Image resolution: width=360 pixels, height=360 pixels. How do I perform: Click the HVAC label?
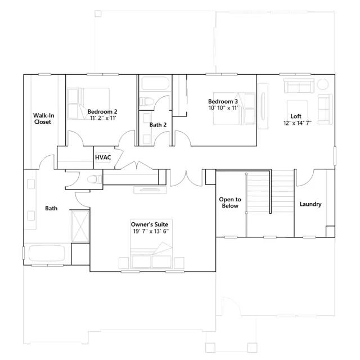pyautogui.click(x=103, y=157)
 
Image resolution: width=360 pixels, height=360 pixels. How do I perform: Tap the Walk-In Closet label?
pyautogui.click(x=43, y=119)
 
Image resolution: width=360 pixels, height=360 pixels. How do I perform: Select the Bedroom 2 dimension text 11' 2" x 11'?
pyautogui.click(x=103, y=118)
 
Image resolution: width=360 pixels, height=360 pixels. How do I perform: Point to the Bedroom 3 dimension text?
pyautogui.click(x=223, y=107)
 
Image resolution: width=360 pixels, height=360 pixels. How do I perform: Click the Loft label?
pyautogui.click(x=296, y=116)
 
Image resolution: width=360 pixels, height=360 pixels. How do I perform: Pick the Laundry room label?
pyautogui.click(x=310, y=204)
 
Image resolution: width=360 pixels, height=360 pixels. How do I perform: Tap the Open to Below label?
pyautogui.click(x=230, y=202)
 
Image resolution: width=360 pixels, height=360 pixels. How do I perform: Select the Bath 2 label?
pyautogui.click(x=158, y=125)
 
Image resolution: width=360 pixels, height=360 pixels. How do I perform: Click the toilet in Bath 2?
pyautogui.click(x=146, y=101)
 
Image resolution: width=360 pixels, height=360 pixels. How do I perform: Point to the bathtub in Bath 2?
pyautogui.click(x=155, y=84)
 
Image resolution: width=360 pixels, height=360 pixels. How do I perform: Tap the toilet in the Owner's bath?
pyautogui.click(x=94, y=179)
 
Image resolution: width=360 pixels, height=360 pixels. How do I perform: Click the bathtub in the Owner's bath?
pyautogui.click(x=47, y=253)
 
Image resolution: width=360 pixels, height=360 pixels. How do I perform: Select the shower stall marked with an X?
pyautogui.click(x=80, y=226)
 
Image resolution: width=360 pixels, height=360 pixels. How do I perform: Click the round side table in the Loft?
pyautogui.click(x=322, y=84)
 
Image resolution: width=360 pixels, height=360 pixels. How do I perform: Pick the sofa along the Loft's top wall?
pyautogui.click(x=299, y=85)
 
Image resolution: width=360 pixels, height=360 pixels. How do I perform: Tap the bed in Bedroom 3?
pyautogui.click(x=235, y=108)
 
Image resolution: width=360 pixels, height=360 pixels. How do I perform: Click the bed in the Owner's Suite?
pyautogui.click(x=151, y=244)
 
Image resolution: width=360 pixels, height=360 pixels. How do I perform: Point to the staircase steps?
pyautogui.click(x=270, y=203)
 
